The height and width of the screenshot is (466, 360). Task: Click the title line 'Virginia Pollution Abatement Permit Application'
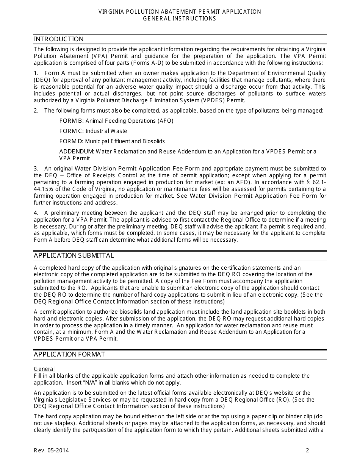point(180,12)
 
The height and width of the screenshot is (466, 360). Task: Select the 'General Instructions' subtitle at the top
point(180,19)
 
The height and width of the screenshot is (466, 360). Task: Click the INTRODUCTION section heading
point(59,39)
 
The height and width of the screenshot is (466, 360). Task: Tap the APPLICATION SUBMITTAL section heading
point(74,255)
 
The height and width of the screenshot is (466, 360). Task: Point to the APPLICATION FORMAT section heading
point(69,354)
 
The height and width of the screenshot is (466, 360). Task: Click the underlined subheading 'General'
point(44,369)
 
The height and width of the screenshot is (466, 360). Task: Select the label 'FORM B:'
point(72,121)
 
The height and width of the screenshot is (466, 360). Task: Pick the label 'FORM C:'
point(72,131)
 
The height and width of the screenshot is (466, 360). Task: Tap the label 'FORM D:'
point(72,141)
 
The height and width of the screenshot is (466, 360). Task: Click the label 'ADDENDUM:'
point(77,152)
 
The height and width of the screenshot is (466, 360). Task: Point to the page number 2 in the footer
point(308,450)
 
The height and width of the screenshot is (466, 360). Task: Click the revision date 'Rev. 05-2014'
point(52,450)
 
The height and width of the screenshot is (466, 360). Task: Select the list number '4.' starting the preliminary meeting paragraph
point(36,213)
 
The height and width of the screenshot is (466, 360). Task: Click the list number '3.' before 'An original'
point(36,169)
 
